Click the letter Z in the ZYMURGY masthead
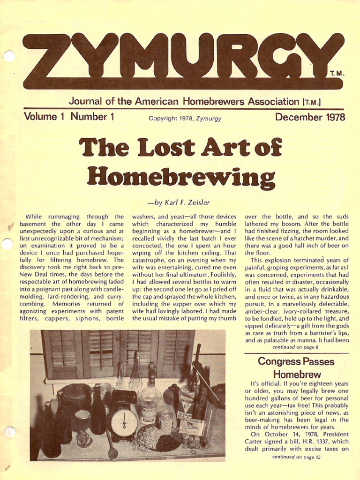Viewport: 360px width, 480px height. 47,61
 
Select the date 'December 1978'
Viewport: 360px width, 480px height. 310,117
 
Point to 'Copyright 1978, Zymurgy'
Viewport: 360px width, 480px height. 185,118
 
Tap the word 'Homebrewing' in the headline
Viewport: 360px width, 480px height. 181,178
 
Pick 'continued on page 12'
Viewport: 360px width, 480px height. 296,457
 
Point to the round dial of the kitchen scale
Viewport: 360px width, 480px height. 124,422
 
